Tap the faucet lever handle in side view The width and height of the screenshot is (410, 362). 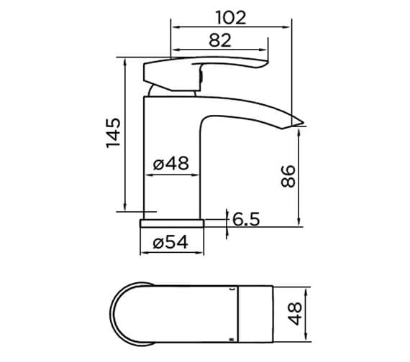click(x=209, y=67)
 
